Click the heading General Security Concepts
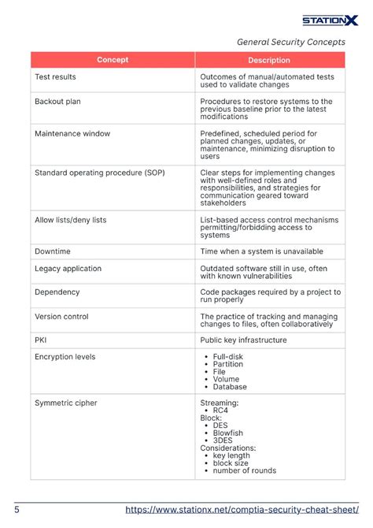click(x=290, y=43)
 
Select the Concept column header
click(x=113, y=60)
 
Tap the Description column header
click(x=269, y=60)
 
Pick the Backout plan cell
click(x=57, y=102)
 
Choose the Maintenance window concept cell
click(x=72, y=134)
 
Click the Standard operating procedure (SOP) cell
click(x=100, y=171)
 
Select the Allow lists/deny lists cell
click(x=70, y=220)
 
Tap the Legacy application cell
click(x=68, y=269)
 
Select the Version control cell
click(x=61, y=317)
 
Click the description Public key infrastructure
click(x=243, y=340)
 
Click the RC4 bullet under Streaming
click(x=221, y=410)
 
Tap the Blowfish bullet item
click(x=229, y=433)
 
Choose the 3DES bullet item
click(x=223, y=441)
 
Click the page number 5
click(x=17, y=510)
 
